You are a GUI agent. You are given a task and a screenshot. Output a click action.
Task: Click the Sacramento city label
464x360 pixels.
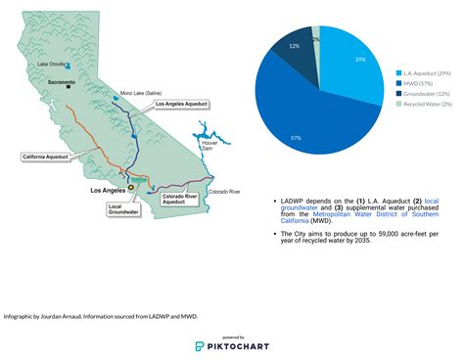[x=61, y=82]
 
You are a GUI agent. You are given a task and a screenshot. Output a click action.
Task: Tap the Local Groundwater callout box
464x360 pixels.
[x=122, y=208]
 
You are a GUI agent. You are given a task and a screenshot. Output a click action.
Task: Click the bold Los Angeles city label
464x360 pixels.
[x=108, y=190]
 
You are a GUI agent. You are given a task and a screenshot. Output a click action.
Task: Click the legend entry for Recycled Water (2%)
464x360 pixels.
[x=428, y=102]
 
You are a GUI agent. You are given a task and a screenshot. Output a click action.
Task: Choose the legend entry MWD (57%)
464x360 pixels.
[x=419, y=82]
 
